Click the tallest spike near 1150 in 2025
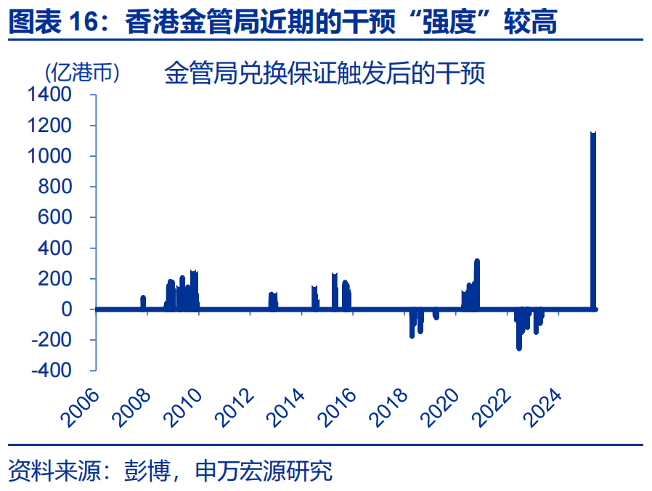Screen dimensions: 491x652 (x=593, y=218)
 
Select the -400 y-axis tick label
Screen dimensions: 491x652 (x=52, y=370)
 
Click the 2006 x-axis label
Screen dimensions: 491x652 (x=81, y=407)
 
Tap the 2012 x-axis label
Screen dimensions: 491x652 (x=235, y=407)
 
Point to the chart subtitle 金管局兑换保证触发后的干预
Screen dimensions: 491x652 (x=325, y=73)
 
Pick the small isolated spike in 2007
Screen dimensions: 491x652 (x=143, y=302)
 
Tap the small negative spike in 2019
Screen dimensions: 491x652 (x=436, y=315)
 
